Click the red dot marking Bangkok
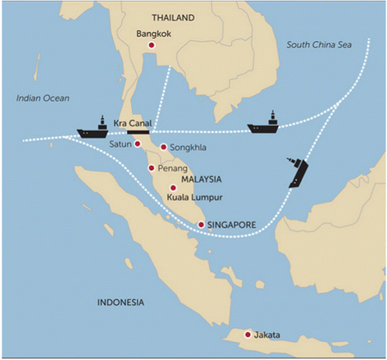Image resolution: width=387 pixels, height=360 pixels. point(152,45)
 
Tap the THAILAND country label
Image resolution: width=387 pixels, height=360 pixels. point(173,18)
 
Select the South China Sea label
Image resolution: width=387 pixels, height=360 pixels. point(319,45)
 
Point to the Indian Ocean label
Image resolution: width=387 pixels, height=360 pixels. point(43,98)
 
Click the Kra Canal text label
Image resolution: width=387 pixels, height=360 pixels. point(133,123)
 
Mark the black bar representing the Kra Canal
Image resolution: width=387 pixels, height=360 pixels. point(139,132)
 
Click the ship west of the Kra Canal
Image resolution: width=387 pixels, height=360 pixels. point(93,129)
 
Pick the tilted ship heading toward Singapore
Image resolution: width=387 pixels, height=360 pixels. point(298,173)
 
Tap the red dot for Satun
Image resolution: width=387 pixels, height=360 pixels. point(138,144)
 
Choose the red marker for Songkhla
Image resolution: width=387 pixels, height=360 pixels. point(163,148)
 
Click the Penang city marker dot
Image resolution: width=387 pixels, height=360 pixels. point(152,168)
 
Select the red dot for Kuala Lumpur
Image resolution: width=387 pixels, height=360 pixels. point(173,188)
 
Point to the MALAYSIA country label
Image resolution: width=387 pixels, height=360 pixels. point(202,180)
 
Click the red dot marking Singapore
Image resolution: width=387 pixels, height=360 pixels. point(201,225)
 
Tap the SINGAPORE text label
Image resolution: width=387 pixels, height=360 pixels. point(232,225)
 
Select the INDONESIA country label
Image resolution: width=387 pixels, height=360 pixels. point(121,303)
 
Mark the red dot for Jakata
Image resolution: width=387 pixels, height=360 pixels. point(248,335)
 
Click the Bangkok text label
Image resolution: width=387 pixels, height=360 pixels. point(154,34)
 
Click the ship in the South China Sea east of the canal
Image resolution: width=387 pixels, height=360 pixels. point(263,124)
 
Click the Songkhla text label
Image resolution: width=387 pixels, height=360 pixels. point(188,148)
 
